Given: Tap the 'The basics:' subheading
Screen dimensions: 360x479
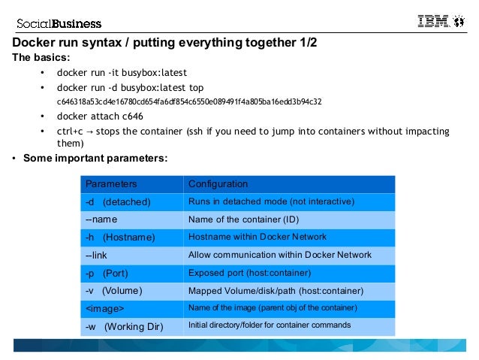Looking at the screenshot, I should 41,57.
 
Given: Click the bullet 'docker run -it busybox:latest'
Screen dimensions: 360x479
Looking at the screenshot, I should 122,73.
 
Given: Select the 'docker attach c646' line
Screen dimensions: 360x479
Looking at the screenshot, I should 100,116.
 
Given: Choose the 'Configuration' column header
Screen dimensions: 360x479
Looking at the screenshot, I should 218,184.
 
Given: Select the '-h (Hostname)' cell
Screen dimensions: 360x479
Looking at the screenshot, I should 120,237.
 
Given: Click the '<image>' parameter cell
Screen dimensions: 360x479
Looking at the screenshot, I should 104,308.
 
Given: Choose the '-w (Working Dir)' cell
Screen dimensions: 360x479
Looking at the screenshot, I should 123,326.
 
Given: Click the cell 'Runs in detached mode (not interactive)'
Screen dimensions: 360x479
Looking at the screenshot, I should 270,202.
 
